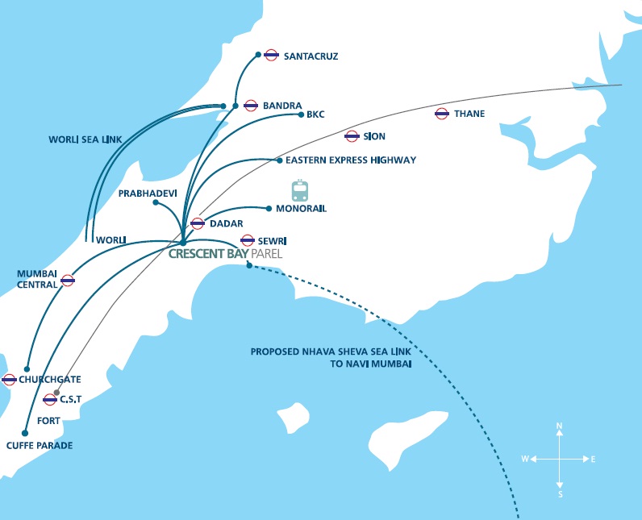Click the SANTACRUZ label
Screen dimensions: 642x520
click(311, 56)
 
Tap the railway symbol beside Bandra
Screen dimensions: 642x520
click(251, 106)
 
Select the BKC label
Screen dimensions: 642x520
click(315, 114)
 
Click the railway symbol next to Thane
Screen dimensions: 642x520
click(441, 114)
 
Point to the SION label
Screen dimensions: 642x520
click(374, 136)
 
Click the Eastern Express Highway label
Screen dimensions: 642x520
click(351, 160)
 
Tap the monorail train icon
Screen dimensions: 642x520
click(300, 190)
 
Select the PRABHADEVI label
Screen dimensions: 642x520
click(148, 193)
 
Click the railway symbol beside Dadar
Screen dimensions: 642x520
click(198, 223)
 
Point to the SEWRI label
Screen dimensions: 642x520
click(272, 241)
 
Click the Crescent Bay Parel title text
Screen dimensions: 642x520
click(225, 254)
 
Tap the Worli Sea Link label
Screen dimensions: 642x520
click(85, 139)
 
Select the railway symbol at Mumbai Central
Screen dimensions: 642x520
click(68, 281)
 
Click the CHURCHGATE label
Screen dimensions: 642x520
click(49, 379)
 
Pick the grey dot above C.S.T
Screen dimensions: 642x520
click(56, 393)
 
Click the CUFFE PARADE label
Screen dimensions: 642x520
click(40, 445)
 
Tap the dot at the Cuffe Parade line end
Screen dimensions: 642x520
click(25, 433)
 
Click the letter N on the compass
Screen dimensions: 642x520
click(559, 426)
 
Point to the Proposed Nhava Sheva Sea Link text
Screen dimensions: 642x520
click(331, 358)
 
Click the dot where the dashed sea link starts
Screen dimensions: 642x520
click(249, 265)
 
